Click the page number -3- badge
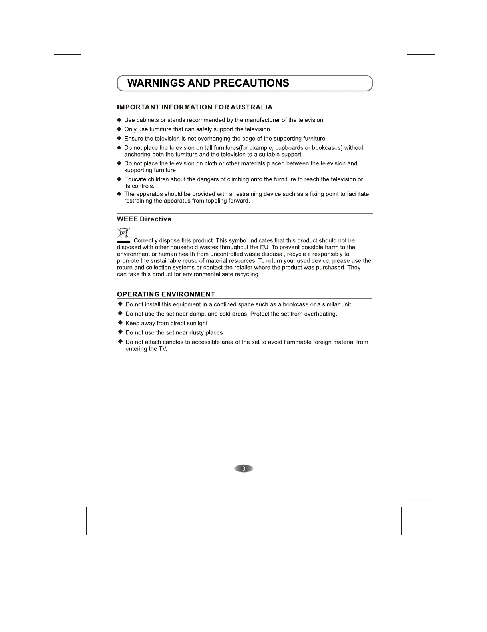[x=244, y=468]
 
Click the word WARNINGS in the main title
[x=157, y=83]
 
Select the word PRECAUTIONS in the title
[x=251, y=83]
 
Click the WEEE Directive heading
[x=144, y=219]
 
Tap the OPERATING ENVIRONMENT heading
[x=166, y=294]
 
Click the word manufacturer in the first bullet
[x=262, y=120]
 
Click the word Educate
[x=135, y=179]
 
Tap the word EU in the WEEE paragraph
[x=264, y=247]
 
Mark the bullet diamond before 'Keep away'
[x=120, y=322]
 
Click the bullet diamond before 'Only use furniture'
[x=119, y=129]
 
